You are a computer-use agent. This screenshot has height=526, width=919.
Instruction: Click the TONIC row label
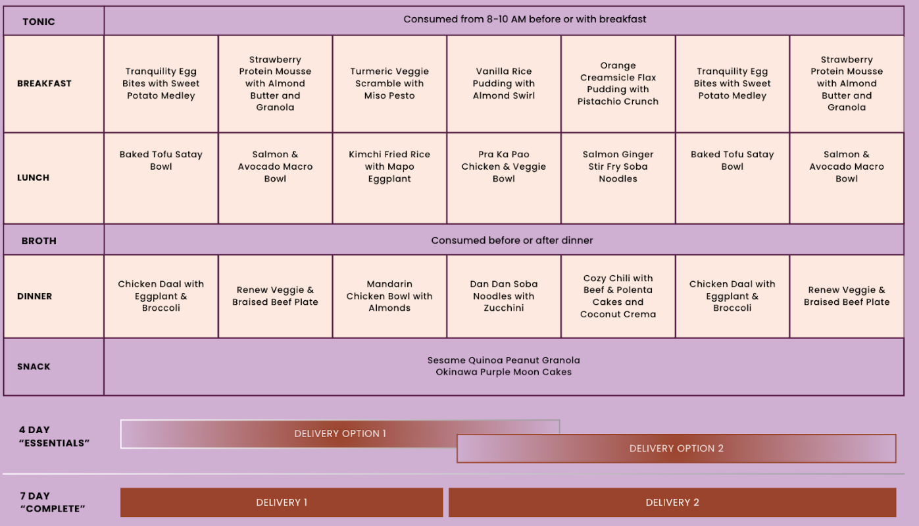click(x=39, y=22)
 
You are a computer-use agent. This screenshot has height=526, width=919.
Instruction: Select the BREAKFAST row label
click(x=44, y=84)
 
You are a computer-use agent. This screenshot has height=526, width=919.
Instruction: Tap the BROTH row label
click(x=39, y=241)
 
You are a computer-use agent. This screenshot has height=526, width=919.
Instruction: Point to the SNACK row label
click(x=34, y=367)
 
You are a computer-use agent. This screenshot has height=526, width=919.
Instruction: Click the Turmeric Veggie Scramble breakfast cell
click(x=389, y=84)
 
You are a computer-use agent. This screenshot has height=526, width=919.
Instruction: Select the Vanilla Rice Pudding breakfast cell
click(x=504, y=84)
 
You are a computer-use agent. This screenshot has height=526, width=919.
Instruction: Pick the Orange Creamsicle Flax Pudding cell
click(x=618, y=84)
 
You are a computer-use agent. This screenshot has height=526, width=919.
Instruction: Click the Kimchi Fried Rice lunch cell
click(x=389, y=178)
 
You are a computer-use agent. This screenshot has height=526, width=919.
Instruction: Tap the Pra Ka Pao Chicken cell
click(x=504, y=178)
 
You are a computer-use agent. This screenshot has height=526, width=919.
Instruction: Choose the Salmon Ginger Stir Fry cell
click(x=618, y=178)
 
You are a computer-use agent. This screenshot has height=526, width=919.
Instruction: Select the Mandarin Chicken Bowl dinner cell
click(x=389, y=296)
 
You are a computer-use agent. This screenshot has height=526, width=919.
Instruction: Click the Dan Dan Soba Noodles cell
click(x=504, y=296)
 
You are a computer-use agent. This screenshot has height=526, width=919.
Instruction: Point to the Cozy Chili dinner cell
click(x=618, y=296)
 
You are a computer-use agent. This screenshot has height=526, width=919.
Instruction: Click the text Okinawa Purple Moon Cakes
click(x=503, y=372)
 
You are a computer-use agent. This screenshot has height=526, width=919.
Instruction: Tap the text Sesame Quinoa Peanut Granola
click(x=503, y=360)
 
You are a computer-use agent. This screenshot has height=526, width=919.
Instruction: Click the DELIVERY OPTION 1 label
click(x=340, y=434)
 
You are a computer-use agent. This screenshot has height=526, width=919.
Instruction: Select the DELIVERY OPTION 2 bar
click(x=676, y=448)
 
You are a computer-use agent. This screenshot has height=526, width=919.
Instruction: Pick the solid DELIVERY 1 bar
click(x=282, y=502)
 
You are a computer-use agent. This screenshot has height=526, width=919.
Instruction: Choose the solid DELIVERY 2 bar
click(x=672, y=502)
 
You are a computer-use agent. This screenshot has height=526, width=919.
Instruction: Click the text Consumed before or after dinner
click(x=512, y=240)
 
